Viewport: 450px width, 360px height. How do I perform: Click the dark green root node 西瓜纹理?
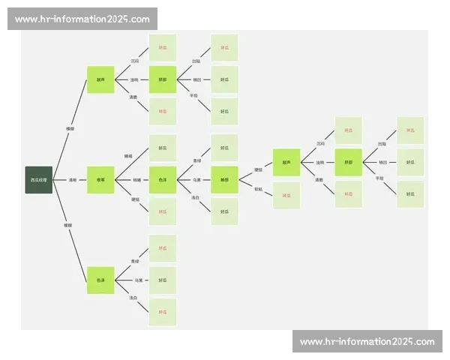pyautogui.click(x=39, y=180)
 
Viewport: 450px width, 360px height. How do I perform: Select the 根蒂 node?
pyautogui.click(x=100, y=180)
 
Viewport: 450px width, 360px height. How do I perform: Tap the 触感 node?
pyautogui.click(x=224, y=180)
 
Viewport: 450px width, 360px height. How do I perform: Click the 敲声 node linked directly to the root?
pyautogui.click(x=100, y=79)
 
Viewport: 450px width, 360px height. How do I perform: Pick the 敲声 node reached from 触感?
pyautogui.click(x=286, y=162)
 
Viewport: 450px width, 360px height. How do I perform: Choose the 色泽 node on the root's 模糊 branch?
pyautogui.click(x=100, y=280)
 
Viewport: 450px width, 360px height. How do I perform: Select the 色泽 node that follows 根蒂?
pyautogui.click(x=163, y=180)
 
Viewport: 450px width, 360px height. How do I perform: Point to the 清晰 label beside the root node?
pyautogui.click(x=73, y=180)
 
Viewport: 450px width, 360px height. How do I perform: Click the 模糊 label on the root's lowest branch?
pyautogui.click(x=68, y=225)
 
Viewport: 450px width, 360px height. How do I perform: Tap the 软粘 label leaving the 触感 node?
pyautogui.click(x=258, y=189)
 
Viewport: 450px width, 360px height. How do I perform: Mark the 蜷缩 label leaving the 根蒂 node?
pyautogui.click(x=127, y=156)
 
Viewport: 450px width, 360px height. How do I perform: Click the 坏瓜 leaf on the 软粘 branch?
pyautogui.click(x=286, y=195)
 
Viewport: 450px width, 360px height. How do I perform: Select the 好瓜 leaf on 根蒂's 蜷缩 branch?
pyautogui.click(x=163, y=148)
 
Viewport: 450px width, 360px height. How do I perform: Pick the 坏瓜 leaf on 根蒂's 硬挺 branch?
pyautogui.click(x=163, y=211)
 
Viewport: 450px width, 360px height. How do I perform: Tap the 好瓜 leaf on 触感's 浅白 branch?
pyautogui.click(x=224, y=211)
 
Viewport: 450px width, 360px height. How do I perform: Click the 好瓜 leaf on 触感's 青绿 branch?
pyautogui.click(x=224, y=148)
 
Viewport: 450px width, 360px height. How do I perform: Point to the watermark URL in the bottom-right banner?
pyautogui.click(x=367, y=342)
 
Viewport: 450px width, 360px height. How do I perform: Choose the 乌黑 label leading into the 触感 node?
pyautogui.click(x=196, y=180)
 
